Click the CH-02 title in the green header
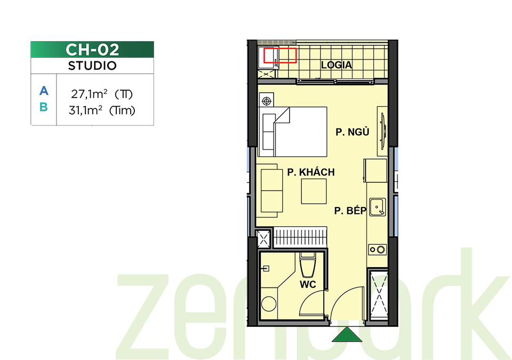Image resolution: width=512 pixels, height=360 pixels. coord(92,50)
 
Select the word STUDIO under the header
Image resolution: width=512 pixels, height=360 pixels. coord(92,66)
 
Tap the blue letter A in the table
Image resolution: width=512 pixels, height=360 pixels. coord(44,91)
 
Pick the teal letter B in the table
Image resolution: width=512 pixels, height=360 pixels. coord(44,107)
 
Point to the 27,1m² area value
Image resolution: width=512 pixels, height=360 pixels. coord(89,94)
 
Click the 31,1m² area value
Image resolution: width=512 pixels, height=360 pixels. coord(85,110)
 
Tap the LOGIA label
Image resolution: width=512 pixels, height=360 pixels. coord(337,65)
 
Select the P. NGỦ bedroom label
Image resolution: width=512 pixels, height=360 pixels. coord(353,132)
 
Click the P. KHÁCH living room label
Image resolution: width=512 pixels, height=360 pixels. coord(311,172)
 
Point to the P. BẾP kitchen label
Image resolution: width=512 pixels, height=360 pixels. coord(350,211)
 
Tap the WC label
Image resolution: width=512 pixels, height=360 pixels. coord(308,285)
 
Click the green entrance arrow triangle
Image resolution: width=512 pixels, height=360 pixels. coord(347,335)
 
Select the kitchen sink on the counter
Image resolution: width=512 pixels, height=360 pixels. coord(378,207)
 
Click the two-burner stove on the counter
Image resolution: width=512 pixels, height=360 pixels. coord(378,250)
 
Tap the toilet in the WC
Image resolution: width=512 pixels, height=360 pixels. coord(308,265)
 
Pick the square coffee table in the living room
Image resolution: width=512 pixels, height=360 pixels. coord(314,191)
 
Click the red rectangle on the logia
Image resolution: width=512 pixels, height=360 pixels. coord(280,55)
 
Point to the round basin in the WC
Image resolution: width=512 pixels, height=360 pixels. coord(269,303)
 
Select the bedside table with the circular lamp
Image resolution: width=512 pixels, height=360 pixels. coord(267,101)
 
